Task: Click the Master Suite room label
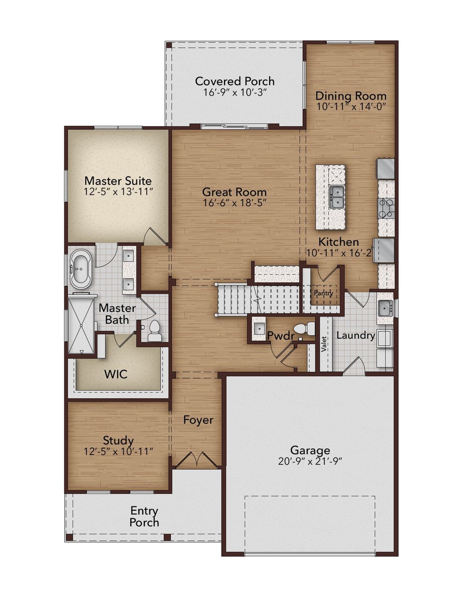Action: coord(118,181)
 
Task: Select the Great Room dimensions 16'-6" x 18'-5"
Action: coord(234,203)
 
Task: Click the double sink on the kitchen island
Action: coord(336,197)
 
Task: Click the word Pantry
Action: coord(323,293)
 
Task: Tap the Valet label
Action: coord(324,344)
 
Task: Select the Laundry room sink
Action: coord(385,308)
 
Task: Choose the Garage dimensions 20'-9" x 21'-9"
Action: coord(310,461)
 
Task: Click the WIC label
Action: coord(116,374)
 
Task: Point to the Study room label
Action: coord(118,440)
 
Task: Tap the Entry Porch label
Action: coord(144,516)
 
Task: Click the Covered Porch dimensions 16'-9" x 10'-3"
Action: coord(235,92)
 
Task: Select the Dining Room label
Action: coord(350,96)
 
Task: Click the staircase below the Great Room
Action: coord(258,299)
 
